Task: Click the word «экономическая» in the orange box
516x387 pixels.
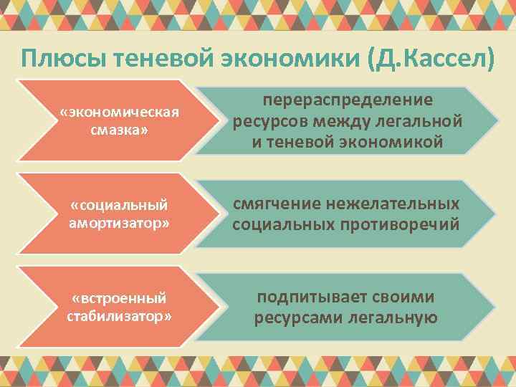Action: (x=120, y=113)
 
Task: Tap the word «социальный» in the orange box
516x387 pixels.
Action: (x=120, y=206)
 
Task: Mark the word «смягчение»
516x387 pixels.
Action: (x=276, y=204)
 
